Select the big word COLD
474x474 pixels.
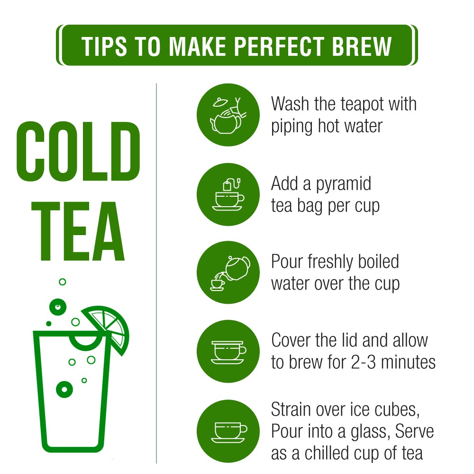point(78,152)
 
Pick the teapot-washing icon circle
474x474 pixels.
point(228,115)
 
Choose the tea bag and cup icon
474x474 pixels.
point(228,195)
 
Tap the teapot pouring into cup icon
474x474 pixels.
point(228,273)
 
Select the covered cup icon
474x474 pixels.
point(228,352)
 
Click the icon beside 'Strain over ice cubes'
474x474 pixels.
point(228,431)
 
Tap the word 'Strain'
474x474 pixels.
point(292,410)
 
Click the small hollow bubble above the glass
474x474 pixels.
point(63,282)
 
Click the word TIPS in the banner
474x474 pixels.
point(104,46)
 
